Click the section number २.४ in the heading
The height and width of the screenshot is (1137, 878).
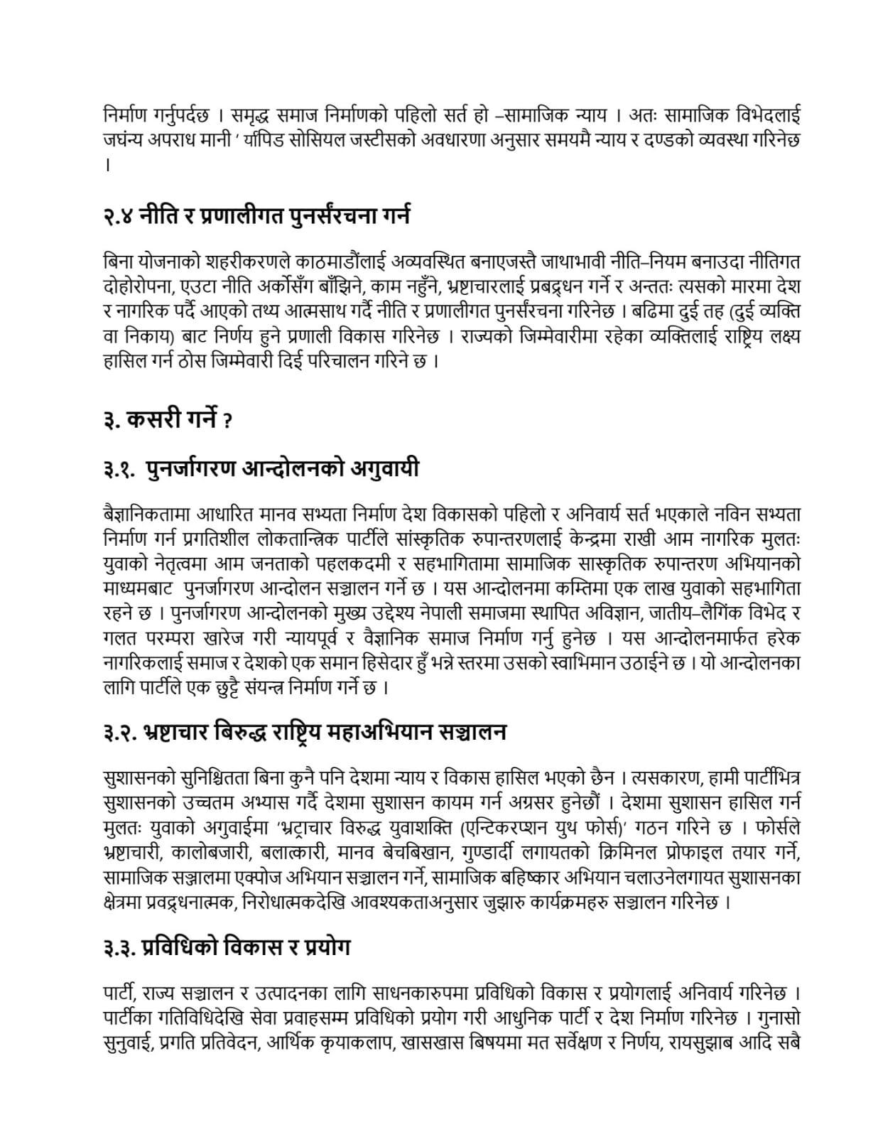tap(120, 216)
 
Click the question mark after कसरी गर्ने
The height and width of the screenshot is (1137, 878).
tap(227, 421)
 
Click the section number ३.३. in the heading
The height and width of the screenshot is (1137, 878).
tap(121, 948)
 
